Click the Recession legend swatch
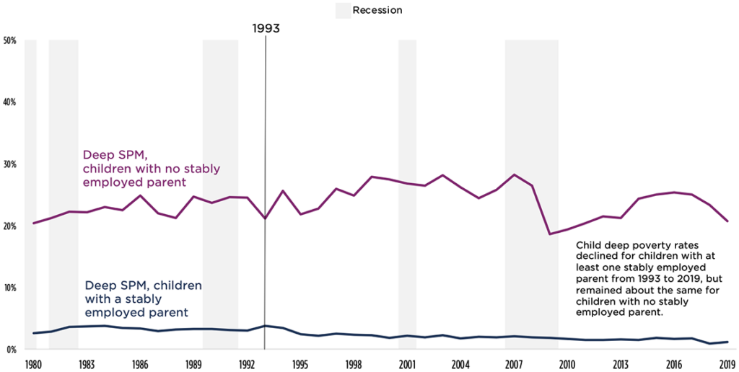343,10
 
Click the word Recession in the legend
377,10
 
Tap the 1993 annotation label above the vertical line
266,29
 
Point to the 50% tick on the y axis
11,40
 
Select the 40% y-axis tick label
11,102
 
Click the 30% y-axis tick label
11,164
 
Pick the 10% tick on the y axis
11,288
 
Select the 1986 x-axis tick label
140,364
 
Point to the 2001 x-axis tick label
407,364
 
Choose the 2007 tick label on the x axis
514,364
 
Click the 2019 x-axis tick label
727,364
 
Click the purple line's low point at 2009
549,234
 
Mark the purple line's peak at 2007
514,174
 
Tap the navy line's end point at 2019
727,342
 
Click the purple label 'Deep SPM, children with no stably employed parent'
151,168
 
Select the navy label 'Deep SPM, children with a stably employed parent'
143,298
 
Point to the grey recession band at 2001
408,195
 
